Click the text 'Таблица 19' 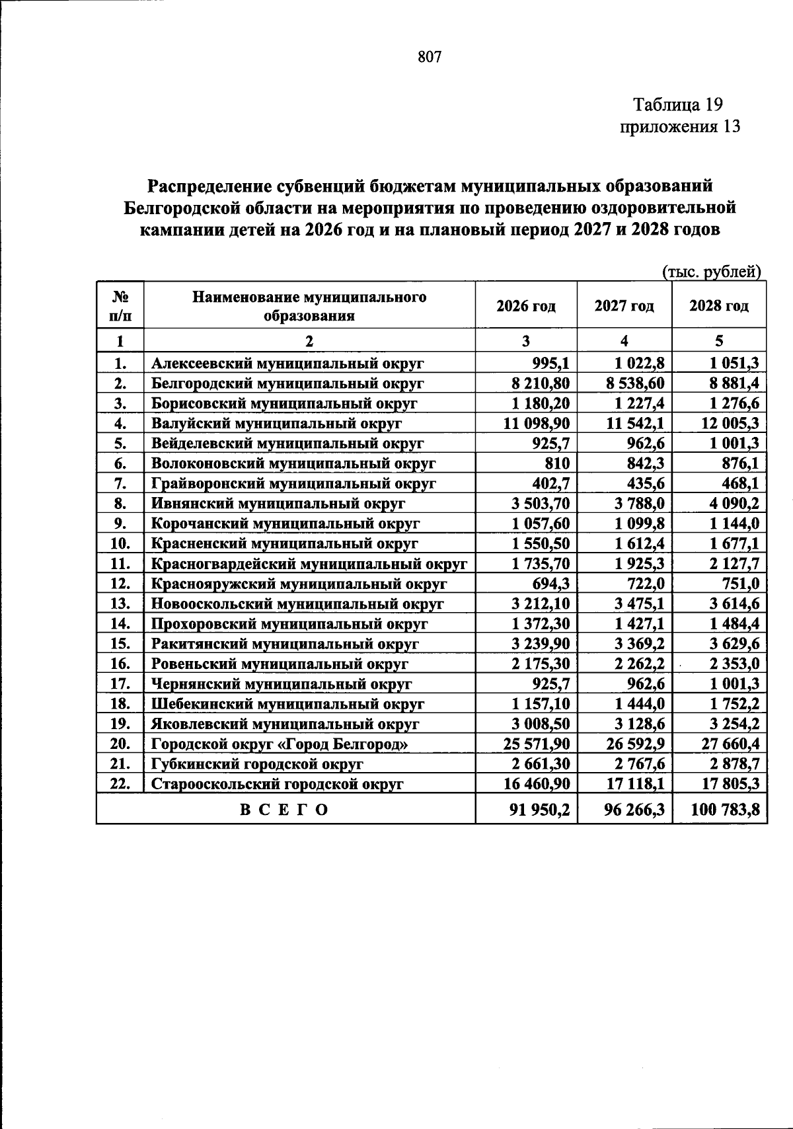click(x=678, y=104)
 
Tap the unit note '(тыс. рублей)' click(x=712, y=272)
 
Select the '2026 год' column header click(x=526, y=306)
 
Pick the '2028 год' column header click(x=719, y=306)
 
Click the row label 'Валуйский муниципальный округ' click(x=276, y=423)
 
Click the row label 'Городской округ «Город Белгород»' click(x=280, y=744)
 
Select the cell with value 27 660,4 click(x=730, y=744)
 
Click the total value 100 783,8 click(x=724, y=810)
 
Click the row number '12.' click(x=120, y=584)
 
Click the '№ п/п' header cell click(x=120, y=306)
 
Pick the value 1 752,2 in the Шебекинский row click(x=734, y=704)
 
